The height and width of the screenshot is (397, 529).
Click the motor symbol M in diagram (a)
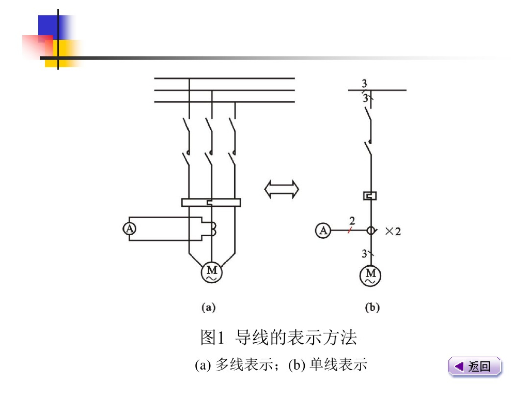(211, 272)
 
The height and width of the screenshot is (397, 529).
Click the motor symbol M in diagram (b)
(370, 275)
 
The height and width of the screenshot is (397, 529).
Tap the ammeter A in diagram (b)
(323, 231)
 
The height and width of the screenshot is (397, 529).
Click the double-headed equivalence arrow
(282, 189)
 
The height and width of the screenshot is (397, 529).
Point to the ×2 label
(393, 232)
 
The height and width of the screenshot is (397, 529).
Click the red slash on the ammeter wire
(350, 231)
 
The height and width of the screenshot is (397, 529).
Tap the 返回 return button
(475, 367)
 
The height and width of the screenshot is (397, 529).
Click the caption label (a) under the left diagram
(208, 308)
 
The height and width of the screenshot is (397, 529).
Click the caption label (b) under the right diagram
(372, 308)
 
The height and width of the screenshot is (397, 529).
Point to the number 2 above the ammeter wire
(352, 221)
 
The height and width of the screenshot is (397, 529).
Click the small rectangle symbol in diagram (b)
(370, 195)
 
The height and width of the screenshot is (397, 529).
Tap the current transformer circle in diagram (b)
(370, 231)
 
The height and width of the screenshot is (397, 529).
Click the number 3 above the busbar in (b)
(365, 84)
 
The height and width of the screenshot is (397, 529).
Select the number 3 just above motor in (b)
(364, 254)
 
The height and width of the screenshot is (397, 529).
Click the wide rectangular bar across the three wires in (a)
(211, 202)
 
